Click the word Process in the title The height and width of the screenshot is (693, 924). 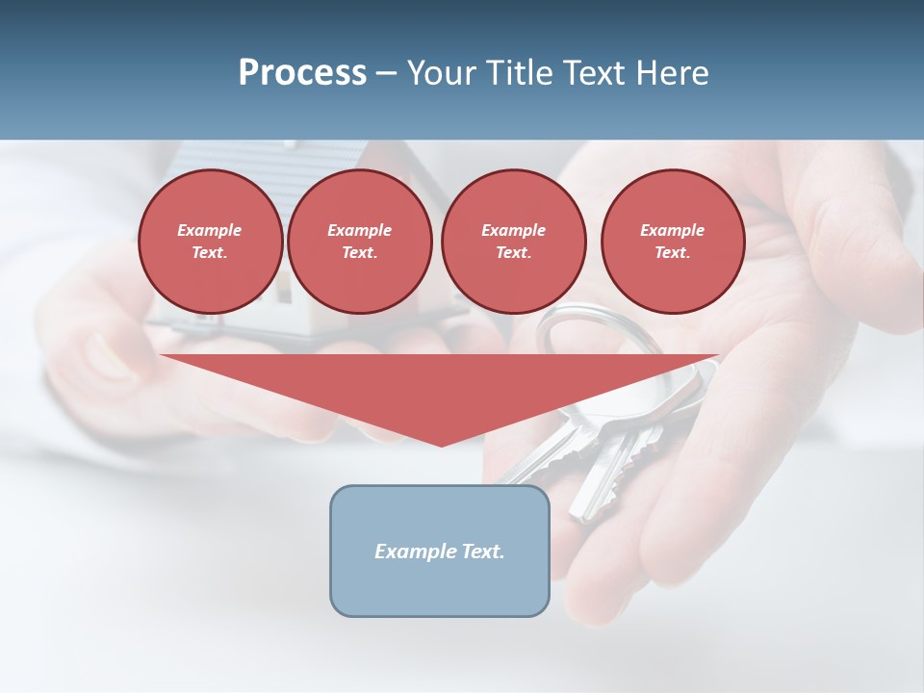[x=302, y=73]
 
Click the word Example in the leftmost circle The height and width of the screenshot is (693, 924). [x=210, y=230]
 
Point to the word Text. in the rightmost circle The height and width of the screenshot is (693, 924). [x=673, y=252]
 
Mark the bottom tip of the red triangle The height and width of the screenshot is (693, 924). [x=441, y=445]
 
